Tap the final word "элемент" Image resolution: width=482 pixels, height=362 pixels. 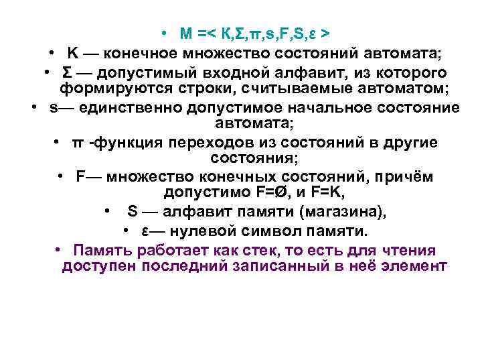click(415, 266)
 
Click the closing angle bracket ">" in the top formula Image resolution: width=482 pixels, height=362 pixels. click(324, 33)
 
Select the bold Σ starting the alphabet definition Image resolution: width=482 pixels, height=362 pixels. click(68, 72)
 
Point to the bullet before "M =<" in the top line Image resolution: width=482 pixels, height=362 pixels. click(163, 33)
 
